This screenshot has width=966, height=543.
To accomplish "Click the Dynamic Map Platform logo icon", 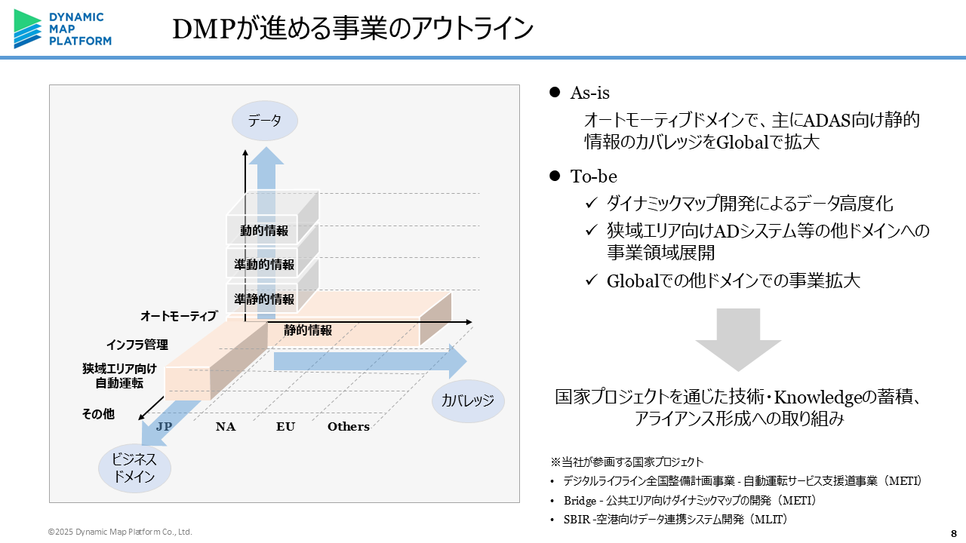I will pyautogui.click(x=28, y=29).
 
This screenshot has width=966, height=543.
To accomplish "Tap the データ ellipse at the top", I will pyautogui.click(x=264, y=121).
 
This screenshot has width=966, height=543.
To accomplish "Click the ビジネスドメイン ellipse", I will pyautogui.click(x=134, y=468).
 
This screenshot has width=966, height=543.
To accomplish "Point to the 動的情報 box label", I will pyautogui.click(x=264, y=231).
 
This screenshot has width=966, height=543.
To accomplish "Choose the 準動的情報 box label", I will pyautogui.click(x=264, y=265).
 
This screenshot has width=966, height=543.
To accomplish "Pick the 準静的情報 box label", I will pyautogui.click(x=264, y=299).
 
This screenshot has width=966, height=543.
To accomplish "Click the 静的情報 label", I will pyautogui.click(x=308, y=330).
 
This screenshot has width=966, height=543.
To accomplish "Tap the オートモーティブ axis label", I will pyautogui.click(x=179, y=316).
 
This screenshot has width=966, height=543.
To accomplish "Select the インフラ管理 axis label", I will pyautogui.click(x=137, y=345).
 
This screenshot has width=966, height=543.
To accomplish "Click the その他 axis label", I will pyautogui.click(x=98, y=413).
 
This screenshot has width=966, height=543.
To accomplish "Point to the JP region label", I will pyautogui.click(x=164, y=426).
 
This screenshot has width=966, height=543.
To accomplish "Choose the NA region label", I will pyautogui.click(x=226, y=427).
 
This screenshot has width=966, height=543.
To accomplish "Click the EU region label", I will pyautogui.click(x=285, y=427).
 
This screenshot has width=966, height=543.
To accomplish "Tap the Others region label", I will pyautogui.click(x=349, y=427).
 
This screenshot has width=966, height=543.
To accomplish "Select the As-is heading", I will pyautogui.click(x=589, y=94).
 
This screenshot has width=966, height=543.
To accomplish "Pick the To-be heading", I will pyautogui.click(x=593, y=176).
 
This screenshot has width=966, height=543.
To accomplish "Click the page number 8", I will pyautogui.click(x=952, y=532).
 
